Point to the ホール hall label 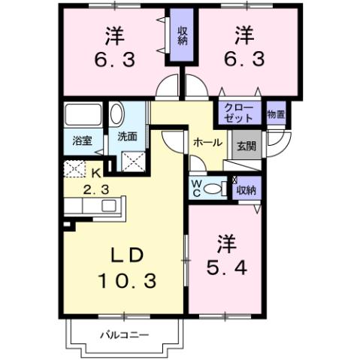207,141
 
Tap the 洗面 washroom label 126,138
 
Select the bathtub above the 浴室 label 83,115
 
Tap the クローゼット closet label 240,113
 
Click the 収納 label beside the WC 246,190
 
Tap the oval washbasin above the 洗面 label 116,114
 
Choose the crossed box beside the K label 75,169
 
